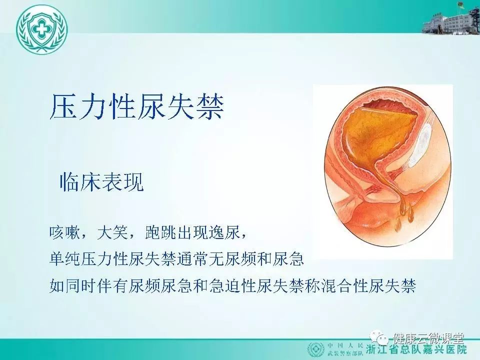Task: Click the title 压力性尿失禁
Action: tap(137, 106)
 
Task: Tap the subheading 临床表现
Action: tap(101, 182)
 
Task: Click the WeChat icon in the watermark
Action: tap(379, 338)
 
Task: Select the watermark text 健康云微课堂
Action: tap(429, 338)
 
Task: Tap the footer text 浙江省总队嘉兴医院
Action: tap(416, 350)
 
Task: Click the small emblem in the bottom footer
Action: tap(316, 349)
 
